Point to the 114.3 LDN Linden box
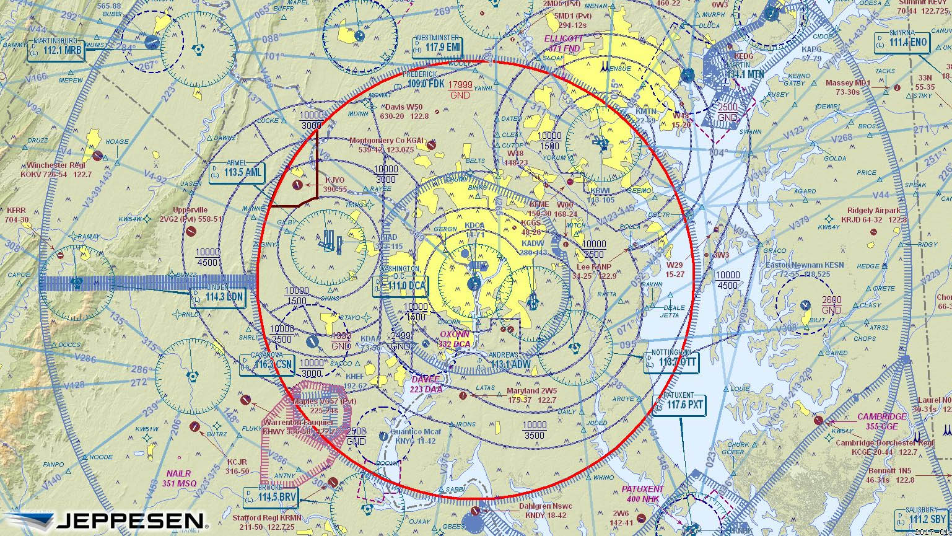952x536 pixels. pos(218,297)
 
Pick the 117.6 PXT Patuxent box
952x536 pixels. pos(679,405)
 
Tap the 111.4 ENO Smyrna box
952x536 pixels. pos(902,43)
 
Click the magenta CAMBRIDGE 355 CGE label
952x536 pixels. pos(881,421)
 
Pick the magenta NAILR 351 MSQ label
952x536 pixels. pos(180,478)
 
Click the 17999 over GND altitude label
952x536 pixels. pos(460,89)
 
